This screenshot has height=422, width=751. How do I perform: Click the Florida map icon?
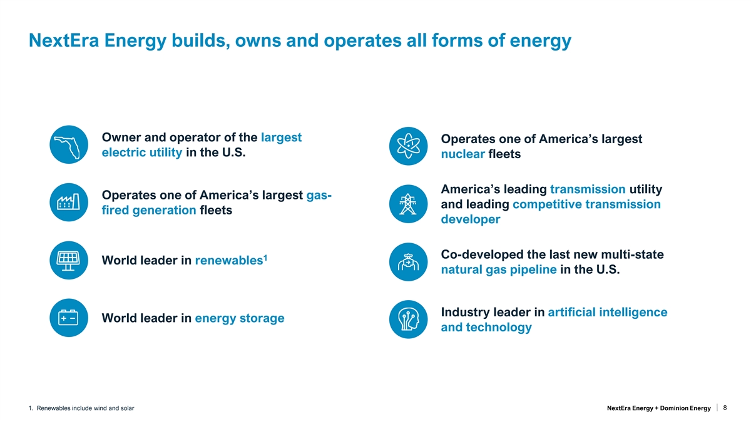pyautogui.click(x=69, y=144)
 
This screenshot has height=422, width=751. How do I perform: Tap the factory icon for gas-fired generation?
pyautogui.click(x=69, y=203)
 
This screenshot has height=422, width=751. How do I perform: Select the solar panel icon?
pyautogui.click(x=69, y=260)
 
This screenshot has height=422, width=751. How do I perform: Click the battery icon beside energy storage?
pyautogui.click(x=69, y=318)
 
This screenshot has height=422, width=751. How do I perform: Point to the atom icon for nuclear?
pyautogui.click(x=408, y=146)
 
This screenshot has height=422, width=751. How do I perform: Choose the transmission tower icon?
pyautogui.click(x=408, y=204)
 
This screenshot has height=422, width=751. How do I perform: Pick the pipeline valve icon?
pyautogui.click(x=408, y=262)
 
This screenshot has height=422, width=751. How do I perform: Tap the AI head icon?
pyautogui.click(x=408, y=319)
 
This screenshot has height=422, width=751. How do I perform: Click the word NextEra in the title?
pyautogui.click(x=64, y=41)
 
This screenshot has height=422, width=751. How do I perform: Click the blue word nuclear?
pyautogui.click(x=462, y=154)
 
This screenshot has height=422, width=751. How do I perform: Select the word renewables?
pyautogui.click(x=229, y=261)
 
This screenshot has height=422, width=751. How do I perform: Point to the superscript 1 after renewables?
pyautogui.click(x=265, y=258)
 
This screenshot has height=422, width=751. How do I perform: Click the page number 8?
pyautogui.click(x=725, y=408)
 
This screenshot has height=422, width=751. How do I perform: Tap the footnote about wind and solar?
pyautogui.click(x=81, y=408)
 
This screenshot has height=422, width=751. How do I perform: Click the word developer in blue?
pyautogui.click(x=471, y=219)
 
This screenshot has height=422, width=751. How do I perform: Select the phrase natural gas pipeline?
pyautogui.click(x=499, y=269)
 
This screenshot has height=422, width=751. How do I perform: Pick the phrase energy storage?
pyautogui.click(x=239, y=318)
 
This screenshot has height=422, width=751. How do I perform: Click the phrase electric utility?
pyautogui.click(x=142, y=153)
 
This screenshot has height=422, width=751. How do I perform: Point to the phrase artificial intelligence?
pyautogui.click(x=608, y=313)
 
